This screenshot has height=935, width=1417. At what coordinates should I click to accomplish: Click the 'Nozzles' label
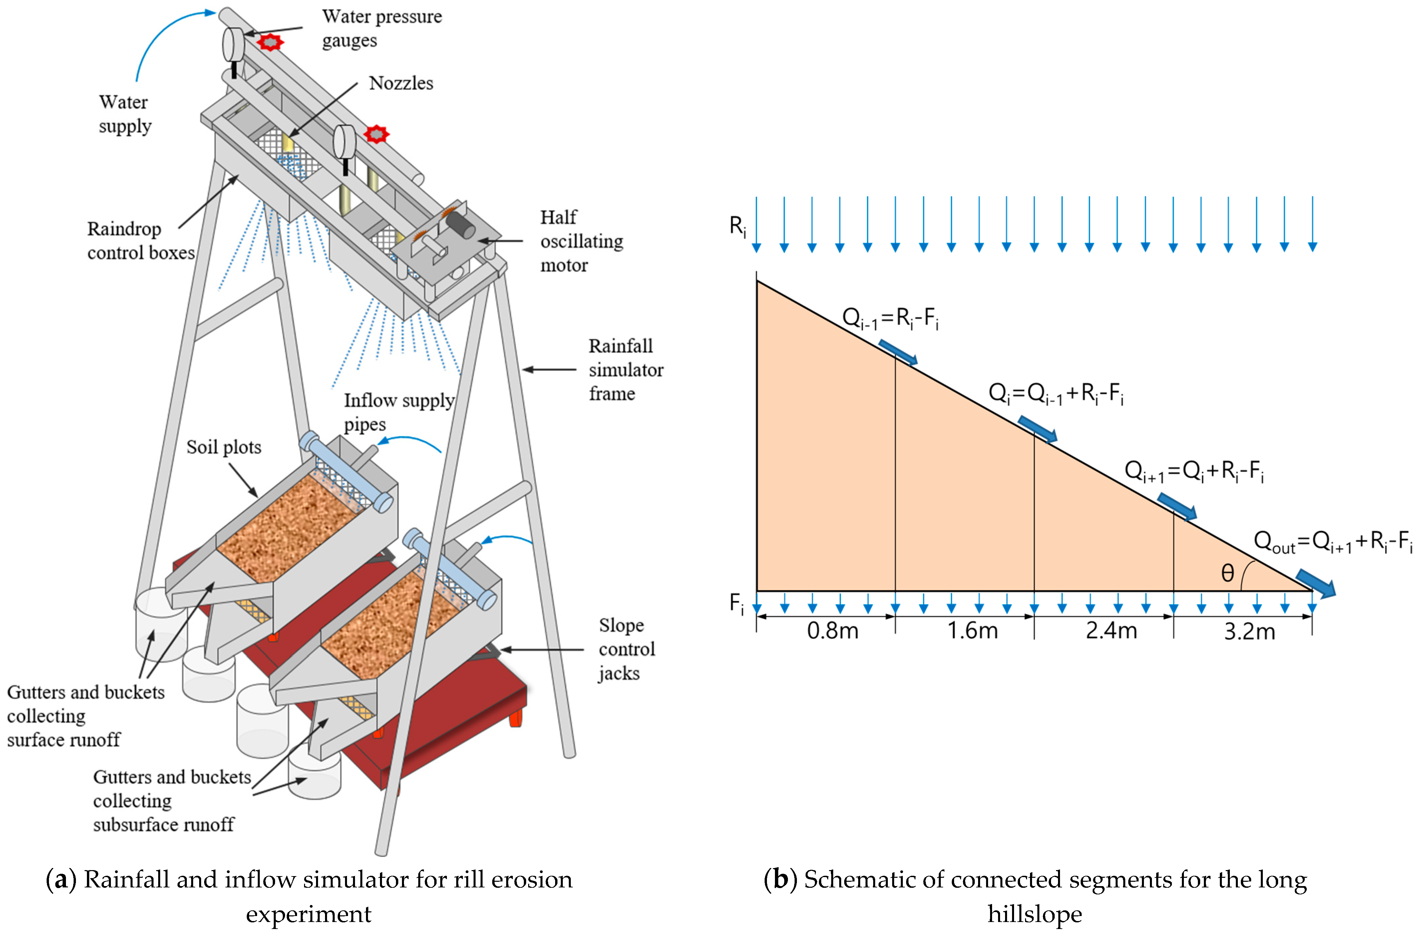click(x=401, y=83)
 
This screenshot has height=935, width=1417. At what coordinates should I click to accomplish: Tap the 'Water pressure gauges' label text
click(x=382, y=28)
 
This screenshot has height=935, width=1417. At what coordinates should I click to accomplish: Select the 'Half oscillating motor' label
click(x=581, y=241)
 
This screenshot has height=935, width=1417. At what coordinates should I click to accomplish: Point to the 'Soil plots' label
click(x=224, y=447)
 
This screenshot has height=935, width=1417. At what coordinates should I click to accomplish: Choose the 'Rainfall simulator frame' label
click(x=625, y=370)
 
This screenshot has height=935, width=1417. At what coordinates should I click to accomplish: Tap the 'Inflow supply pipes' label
click(x=399, y=412)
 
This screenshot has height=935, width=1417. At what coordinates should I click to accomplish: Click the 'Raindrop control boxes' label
click(x=141, y=241)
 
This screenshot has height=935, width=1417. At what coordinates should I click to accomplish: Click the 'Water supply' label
click(x=124, y=114)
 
